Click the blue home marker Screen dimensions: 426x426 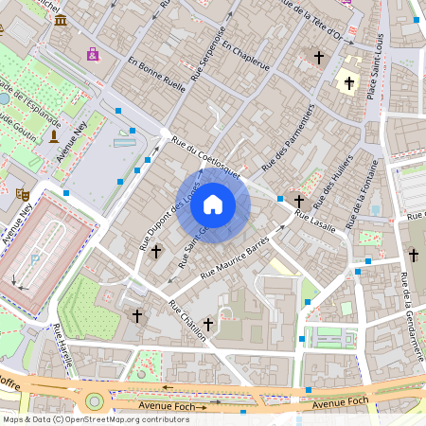coord(213,204)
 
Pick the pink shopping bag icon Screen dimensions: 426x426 coord(92,54)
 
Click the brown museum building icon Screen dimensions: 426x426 coord(61,20)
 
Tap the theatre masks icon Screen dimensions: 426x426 coord(21,193)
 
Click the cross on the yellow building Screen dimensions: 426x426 coord(348,83)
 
